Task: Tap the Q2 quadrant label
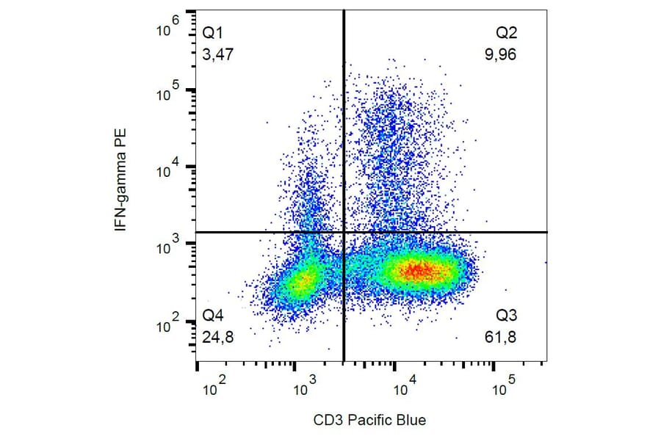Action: (x=507, y=34)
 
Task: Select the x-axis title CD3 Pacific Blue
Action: (x=369, y=420)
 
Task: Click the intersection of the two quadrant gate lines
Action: (x=344, y=232)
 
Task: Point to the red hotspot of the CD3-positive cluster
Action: (x=416, y=271)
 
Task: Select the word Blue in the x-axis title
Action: (x=411, y=420)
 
